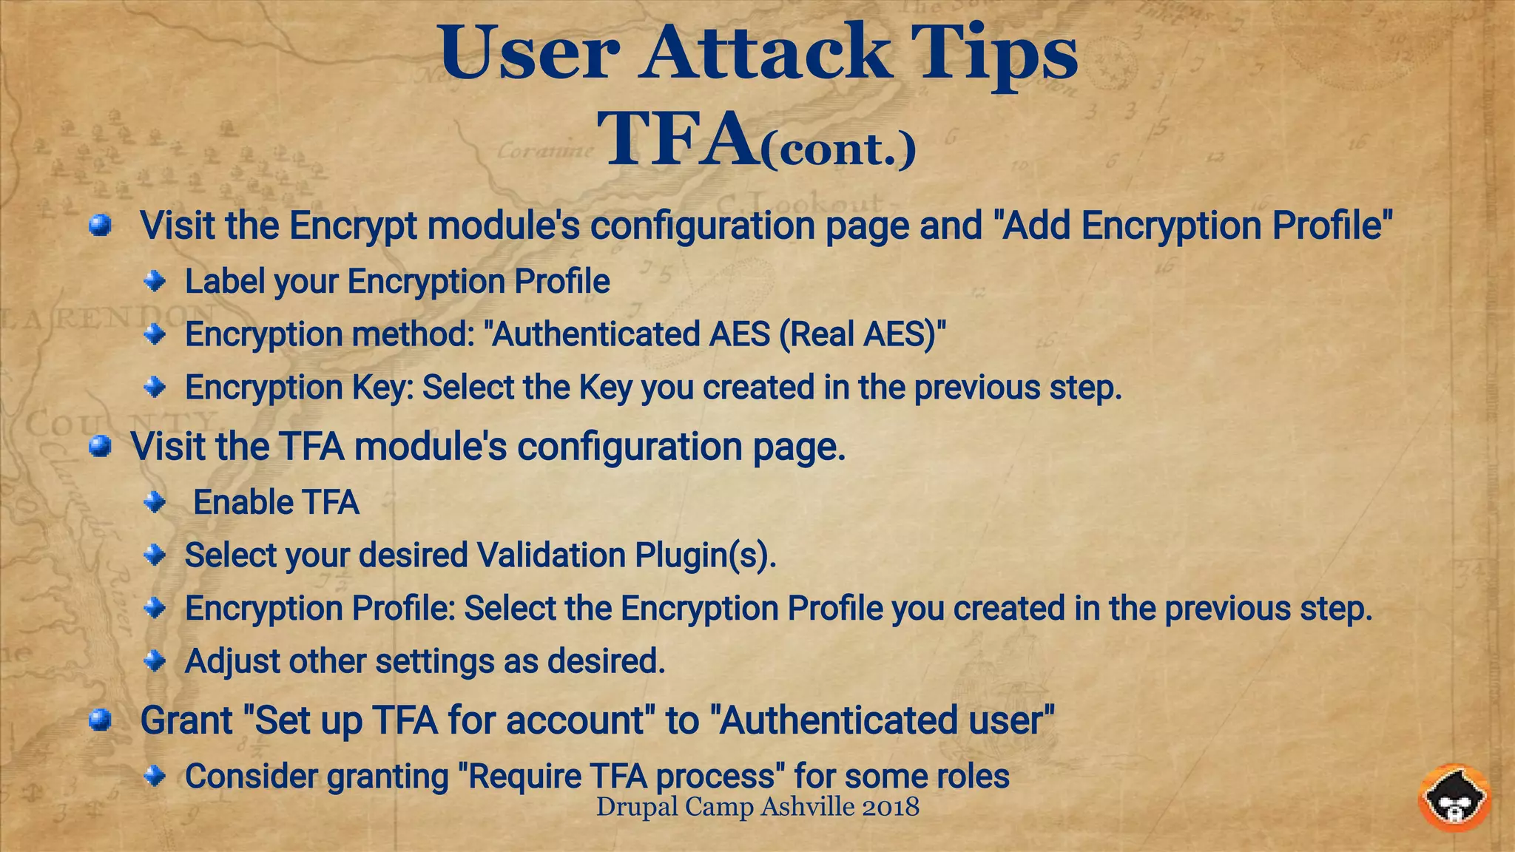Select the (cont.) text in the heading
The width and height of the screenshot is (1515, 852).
(838, 150)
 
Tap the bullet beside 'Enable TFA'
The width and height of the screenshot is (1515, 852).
(155, 503)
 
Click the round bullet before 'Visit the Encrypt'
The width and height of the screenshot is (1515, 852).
(100, 226)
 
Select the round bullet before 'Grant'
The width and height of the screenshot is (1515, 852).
(100, 720)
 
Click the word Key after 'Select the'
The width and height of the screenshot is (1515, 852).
(605, 388)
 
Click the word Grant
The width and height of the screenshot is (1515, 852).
(186, 720)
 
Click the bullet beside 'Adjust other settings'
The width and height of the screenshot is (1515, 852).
(155, 660)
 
